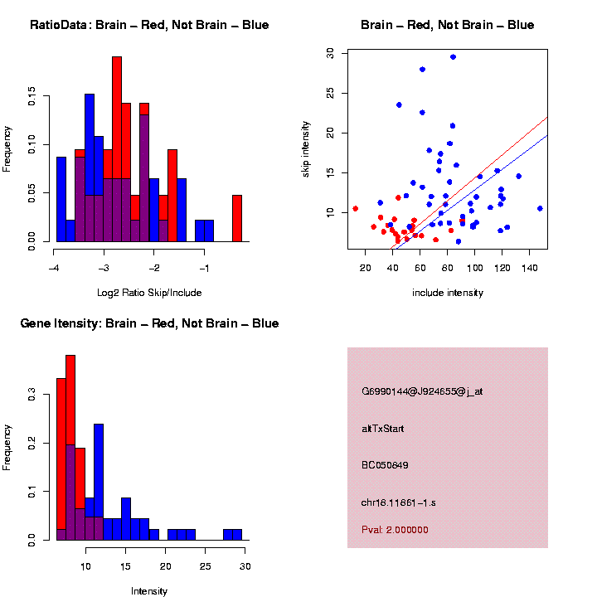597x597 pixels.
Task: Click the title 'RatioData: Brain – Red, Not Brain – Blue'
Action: (x=149, y=25)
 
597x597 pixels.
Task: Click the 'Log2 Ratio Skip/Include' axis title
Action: (x=148, y=292)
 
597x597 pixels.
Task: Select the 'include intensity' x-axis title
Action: (x=448, y=293)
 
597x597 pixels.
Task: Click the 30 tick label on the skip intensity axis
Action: (x=331, y=52)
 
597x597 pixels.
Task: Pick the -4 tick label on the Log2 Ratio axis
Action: (x=52, y=269)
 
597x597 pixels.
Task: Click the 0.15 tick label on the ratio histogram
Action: (x=32, y=97)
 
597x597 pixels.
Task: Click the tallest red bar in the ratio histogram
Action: (x=117, y=149)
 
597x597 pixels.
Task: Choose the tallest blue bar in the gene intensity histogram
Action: (x=99, y=481)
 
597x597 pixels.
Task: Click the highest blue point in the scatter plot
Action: (x=453, y=56)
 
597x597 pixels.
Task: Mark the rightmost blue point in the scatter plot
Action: (x=540, y=208)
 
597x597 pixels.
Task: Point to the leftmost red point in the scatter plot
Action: (x=356, y=208)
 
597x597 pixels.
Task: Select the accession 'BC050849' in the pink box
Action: (x=385, y=465)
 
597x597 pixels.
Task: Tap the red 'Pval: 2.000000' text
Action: (x=395, y=529)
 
